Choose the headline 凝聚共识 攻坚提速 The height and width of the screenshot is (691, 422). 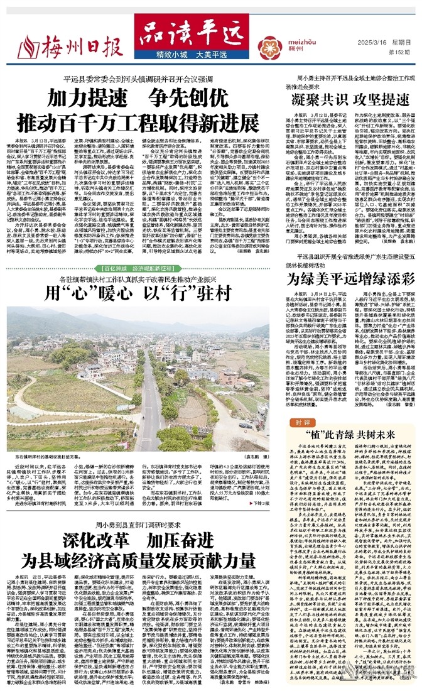[x=349, y=99]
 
